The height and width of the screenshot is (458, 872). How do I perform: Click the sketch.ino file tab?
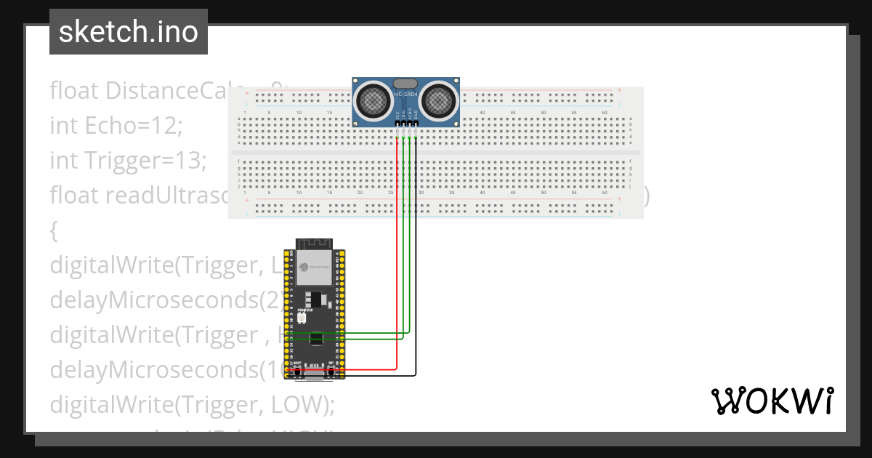click(x=129, y=32)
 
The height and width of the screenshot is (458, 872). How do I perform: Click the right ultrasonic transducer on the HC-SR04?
click(x=440, y=100)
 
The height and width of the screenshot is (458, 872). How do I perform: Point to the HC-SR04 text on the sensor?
click(x=405, y=95)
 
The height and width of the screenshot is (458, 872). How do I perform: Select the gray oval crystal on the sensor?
click(x=405, y=84)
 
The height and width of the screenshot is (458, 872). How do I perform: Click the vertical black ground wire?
click(x=416, y=254)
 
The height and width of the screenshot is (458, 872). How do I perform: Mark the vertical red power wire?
click(x=397, y=254)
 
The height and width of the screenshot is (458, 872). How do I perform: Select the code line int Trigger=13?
click(x=129, y=160)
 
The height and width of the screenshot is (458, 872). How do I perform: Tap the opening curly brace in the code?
click(x=53, y=231)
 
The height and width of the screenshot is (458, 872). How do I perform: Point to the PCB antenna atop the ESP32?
click(x=313, y=244)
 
